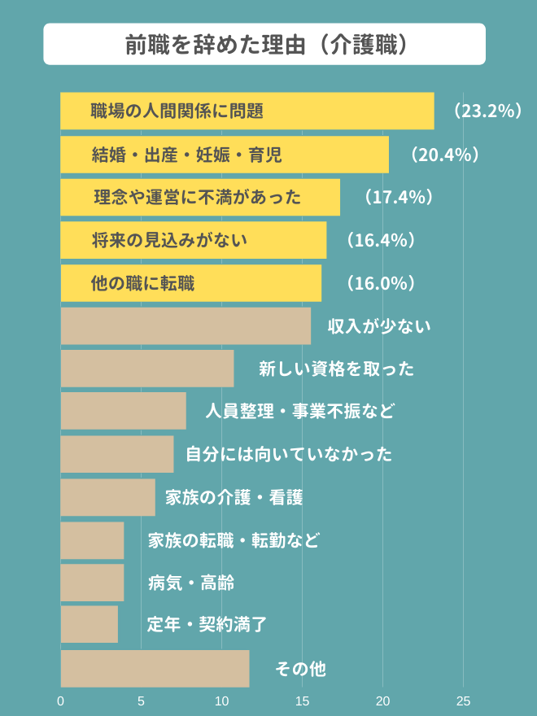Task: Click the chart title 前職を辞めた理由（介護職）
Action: tap(264, 44)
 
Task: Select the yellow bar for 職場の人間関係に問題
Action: tap(247, 111)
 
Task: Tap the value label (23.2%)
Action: tap(487, 111)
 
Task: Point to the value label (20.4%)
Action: tap(444, 155)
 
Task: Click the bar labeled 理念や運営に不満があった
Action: tap(200, 198)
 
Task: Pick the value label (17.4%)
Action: tap(397, 198)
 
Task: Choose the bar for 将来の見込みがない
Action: tap(194, 240)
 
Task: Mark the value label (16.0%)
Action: tap(382, 283)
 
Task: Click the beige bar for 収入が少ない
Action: tap(186, 325)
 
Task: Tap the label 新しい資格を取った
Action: tap(336, 369)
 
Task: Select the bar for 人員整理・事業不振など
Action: tap(123, 411)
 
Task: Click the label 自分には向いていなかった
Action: tap(289, 454)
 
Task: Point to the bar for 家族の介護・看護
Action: tap(107, 497)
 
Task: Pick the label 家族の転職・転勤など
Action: tap(234, 540)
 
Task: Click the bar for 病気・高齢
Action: tap(92, 583)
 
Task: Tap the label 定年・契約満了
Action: tap(207, 625)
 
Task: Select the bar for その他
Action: tap(155, 668)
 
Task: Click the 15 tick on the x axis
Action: tap(303, 701)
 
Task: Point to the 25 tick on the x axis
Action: tap(464, 701)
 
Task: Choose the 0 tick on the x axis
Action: tap(61, 701)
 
